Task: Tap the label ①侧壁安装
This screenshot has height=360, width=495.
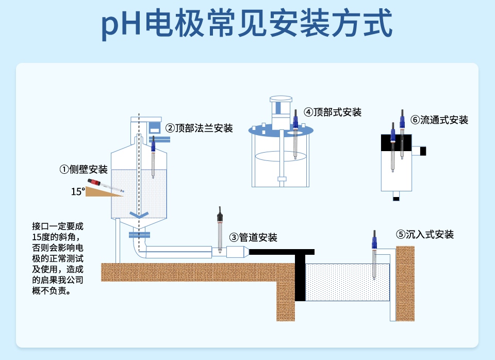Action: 83,169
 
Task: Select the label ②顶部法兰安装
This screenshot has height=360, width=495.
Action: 199,128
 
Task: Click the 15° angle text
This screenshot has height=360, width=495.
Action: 78,192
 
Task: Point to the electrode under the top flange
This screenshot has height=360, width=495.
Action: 153,157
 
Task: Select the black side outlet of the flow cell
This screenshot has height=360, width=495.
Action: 423,151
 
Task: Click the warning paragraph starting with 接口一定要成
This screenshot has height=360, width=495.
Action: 57,258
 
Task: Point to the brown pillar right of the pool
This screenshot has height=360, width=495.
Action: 405,283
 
